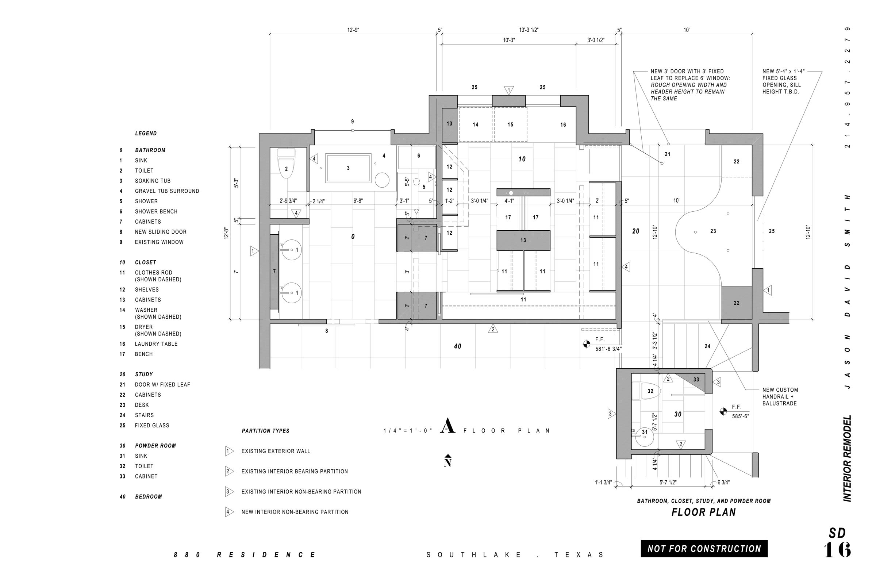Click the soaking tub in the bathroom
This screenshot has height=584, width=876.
click(x=348, y=168)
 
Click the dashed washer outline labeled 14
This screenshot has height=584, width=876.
click(x=476, y=124)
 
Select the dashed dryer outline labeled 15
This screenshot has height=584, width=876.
click(x=510, y=124)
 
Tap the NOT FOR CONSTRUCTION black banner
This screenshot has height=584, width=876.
click(x=704, y=549)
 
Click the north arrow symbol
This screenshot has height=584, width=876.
click(x=448, y=461)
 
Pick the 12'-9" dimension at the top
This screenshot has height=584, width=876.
click(x=353, y=30)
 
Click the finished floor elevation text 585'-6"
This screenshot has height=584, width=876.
click(x=741, y=416)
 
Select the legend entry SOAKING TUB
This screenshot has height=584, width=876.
click(x=153, y=181)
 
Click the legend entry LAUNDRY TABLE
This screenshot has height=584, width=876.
click(x=156, y=344)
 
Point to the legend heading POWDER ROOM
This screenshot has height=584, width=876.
click(x=155, y=446)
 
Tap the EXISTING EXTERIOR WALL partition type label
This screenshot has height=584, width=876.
click(x=276, y=452)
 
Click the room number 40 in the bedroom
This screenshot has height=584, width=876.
click(x=457, y=346)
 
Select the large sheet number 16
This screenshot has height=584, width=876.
click(x=837, y=550)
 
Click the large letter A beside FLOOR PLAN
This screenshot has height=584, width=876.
click(x=448, y=426)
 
